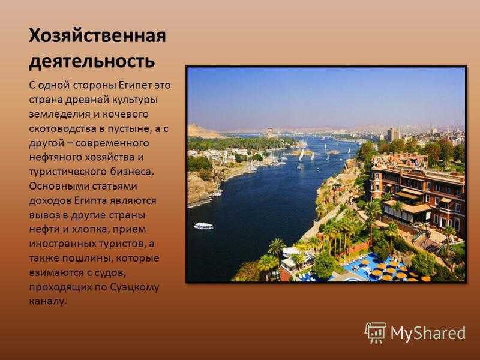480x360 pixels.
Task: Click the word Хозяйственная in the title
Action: pyautogui.click(x=97, y=36)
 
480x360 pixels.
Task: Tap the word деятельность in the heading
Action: pyautogui.click(x=92, y=61)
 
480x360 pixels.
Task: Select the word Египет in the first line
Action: pyautogui.click(x=134, y=85)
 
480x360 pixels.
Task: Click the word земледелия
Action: pyautogui.click(x=59, y=114)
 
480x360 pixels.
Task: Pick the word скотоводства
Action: pyautogui.click(x=62, y=128)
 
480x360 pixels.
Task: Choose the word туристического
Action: pyautogui.click(x=68, y=172)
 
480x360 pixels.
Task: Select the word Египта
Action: pyautogui.click(x=91, y=201)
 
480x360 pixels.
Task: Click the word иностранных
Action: pyautogui.click(x=62, y=244)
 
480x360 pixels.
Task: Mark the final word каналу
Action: pyautogui.click(x=48, y=302)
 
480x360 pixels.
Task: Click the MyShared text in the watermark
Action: pyautogui.click(x=428, y=333)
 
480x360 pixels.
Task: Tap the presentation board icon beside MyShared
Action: pyautogui.click(x=376, y=333)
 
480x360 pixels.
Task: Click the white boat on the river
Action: pyautogui.click(x=203, y=226)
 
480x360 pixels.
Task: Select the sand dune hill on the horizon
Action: pyautogui.click(x=203, y=131)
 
